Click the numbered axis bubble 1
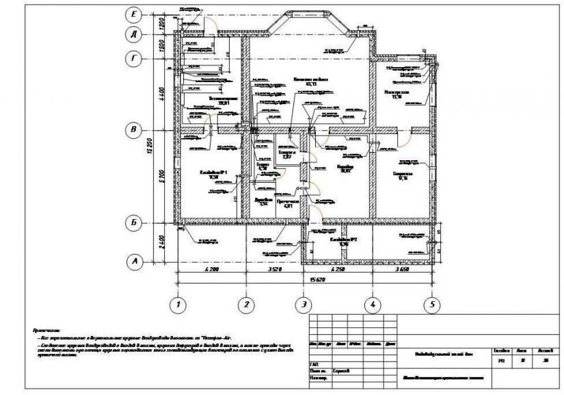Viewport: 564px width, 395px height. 178,304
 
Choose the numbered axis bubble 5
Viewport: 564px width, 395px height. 431,304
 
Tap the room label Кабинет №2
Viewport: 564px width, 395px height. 340,242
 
